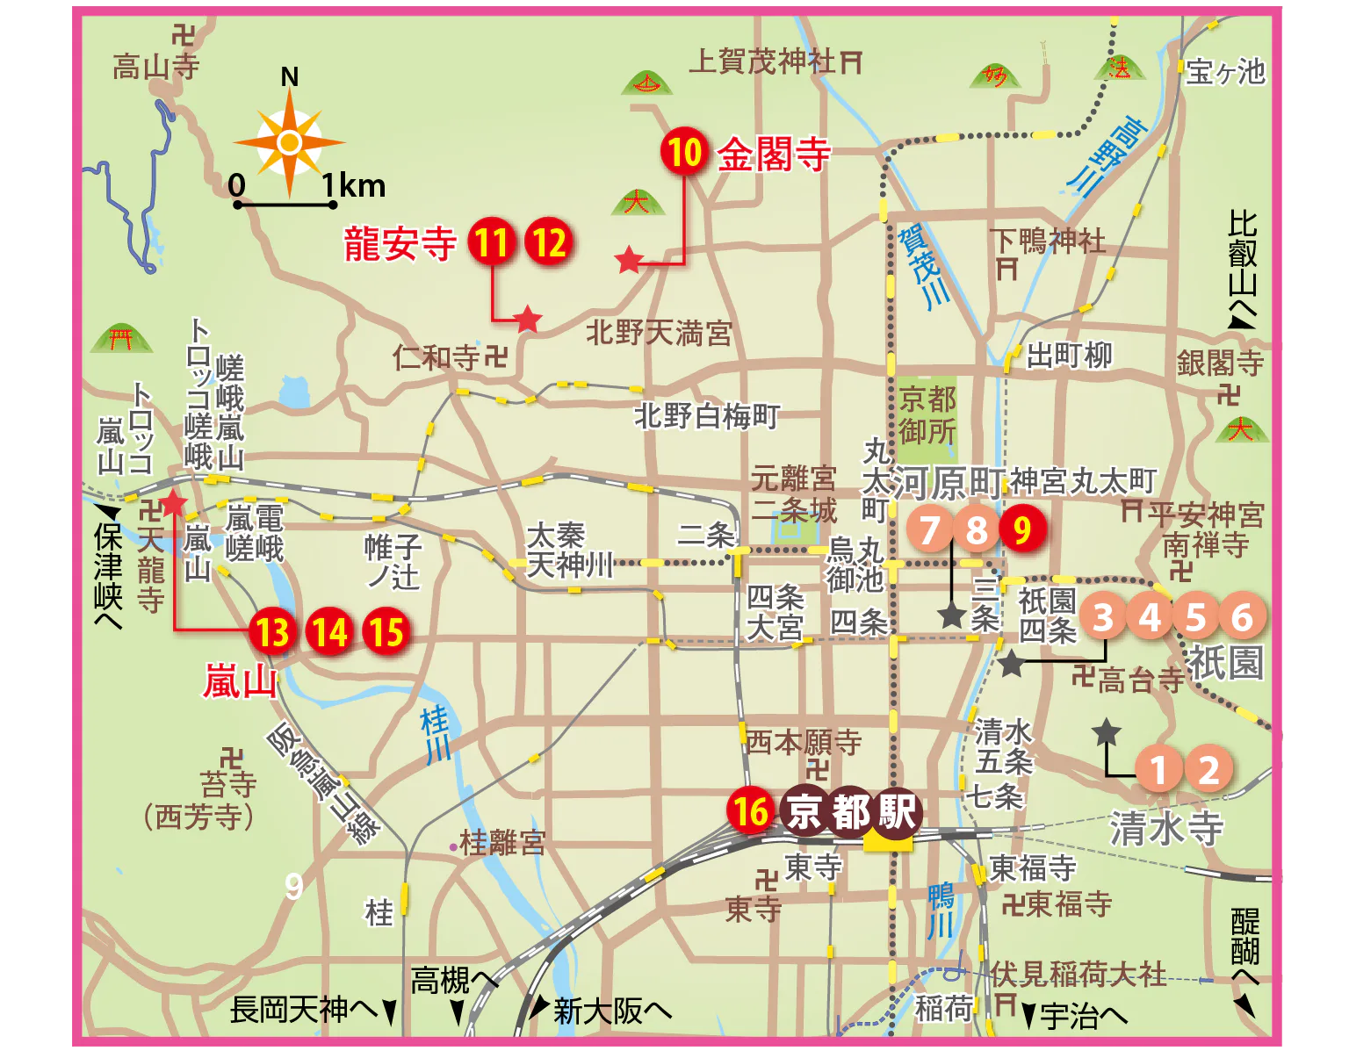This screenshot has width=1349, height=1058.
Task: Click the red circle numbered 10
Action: [685, 152]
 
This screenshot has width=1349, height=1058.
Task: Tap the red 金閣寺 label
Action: [774, 155]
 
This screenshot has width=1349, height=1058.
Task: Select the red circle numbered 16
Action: [750, 810]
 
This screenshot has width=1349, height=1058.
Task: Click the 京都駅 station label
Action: [851, 811]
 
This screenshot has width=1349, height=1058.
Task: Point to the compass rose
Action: [289, 142]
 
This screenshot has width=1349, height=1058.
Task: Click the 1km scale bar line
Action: [285, 205]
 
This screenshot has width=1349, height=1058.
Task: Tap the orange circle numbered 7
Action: [930, 529]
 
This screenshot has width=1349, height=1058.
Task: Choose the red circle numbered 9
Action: [1022, 529]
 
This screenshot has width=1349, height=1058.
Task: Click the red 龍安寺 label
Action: [400, 243]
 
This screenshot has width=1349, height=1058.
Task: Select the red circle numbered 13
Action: [272, 631]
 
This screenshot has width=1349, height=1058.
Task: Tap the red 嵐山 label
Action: [239, 681]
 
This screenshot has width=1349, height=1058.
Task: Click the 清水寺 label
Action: [1166, 827]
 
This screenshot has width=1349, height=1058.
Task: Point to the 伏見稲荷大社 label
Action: [1078, 974]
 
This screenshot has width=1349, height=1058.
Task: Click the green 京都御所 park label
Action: [927, 415]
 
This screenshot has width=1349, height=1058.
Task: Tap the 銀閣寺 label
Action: [1220, 362]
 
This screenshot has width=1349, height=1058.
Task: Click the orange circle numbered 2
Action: [1209, 770]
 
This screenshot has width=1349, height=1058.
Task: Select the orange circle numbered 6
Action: [1242, 617]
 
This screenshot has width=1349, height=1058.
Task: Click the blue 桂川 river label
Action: [436, 734]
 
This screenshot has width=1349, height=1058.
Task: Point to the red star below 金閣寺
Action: [629, 260]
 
